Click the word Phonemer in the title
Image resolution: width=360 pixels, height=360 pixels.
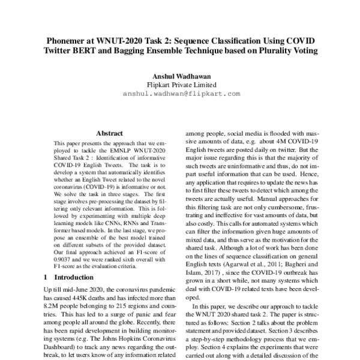68,40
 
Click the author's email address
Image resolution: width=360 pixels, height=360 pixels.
181,94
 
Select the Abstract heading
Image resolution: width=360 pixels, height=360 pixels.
109,133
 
